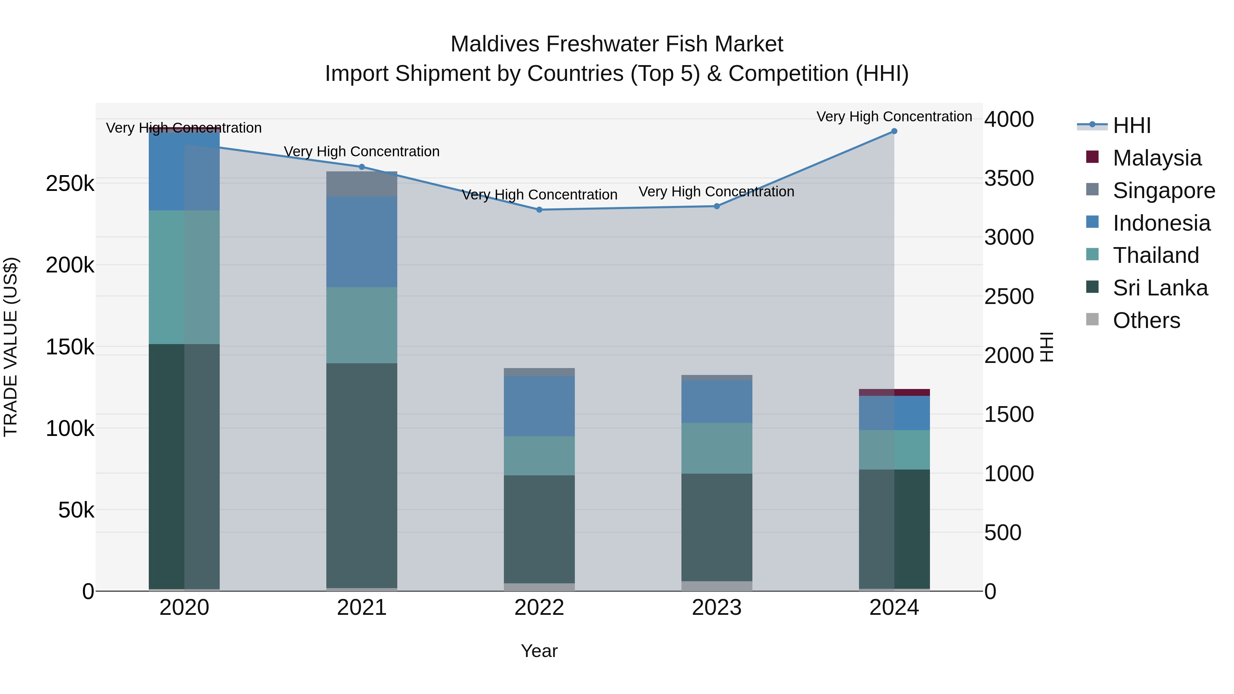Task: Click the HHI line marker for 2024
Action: click(x=894, y=131)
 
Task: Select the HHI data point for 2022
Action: click(x=539, y=210)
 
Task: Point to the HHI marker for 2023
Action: click(x=717, y=206)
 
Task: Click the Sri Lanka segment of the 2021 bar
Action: click(x=362, y=474)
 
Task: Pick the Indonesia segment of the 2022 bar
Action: click(x=539, y=406)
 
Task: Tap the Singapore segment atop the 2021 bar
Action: click(x=362, y=184)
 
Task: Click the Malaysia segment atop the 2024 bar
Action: click(x=894, y=392)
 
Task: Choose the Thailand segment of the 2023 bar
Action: click(x=717, y=448)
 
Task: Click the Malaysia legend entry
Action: click(x=1157, y=158)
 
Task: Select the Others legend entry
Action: click(x=1146, y=320)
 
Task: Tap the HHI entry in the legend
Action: click(x=1131, y=125)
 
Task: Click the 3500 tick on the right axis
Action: click(x=1009, y=178)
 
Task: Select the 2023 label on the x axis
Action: click(x=717, y=608)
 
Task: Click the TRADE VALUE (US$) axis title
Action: click(x=11, y=347)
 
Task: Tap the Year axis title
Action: click(x=539, y=651)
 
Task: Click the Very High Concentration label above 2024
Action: click(x=894, y=117)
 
